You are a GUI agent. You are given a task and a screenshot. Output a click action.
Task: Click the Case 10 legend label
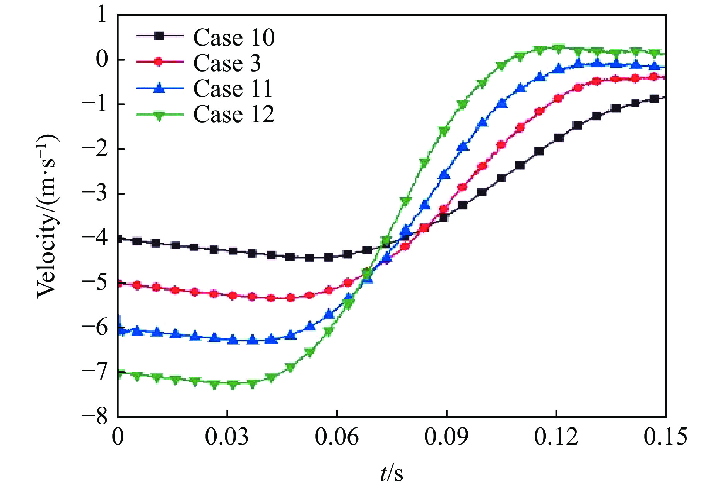click(234, 38)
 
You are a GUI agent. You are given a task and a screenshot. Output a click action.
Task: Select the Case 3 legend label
click(227, 63)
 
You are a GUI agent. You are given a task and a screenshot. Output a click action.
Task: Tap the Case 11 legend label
click(233, 89)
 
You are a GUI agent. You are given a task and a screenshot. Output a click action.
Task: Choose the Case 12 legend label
click(234, 114)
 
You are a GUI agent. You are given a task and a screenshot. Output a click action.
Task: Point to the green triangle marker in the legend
click(159, 115)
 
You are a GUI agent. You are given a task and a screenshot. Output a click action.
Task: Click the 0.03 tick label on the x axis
click(227, 436)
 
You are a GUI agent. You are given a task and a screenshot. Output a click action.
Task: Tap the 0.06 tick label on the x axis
click(337, 436)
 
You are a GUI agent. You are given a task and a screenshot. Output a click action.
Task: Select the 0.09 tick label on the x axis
click(446, 436)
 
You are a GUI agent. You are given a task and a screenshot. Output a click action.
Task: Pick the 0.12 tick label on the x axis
click(556, 436)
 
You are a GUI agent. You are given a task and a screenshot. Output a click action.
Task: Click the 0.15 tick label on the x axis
click(665, 436)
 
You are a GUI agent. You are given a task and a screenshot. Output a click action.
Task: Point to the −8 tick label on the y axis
click(95, 417)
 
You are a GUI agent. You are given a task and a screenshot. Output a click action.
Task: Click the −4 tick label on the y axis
click(95, 238)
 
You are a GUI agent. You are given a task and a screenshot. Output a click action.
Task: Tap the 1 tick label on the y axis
click(102, 15)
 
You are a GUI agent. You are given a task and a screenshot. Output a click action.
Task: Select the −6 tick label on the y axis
click(95, 328)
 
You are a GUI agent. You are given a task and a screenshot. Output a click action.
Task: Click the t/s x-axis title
click(392, 473)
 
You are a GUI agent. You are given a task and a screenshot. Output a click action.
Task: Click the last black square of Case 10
click(654, 99)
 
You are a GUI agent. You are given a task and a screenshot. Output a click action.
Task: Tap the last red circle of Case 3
click(654, 77)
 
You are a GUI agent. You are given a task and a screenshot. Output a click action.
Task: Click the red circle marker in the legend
click(159, 62)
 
